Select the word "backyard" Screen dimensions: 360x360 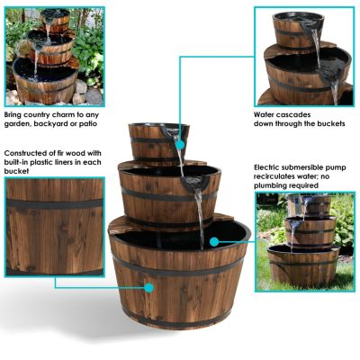click(61, 124)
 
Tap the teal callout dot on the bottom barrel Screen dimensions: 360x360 click(148, 288)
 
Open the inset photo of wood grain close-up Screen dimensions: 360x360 click(54, 225)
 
